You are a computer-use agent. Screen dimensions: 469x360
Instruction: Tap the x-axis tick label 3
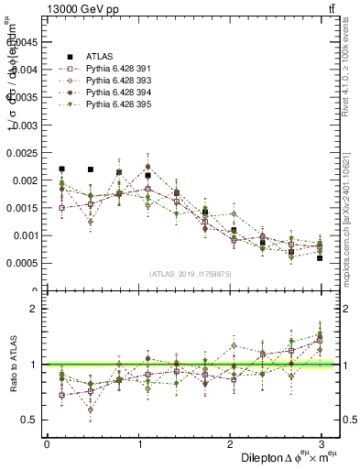tap(322, 443)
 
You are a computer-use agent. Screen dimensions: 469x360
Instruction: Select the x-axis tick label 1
tap(138, 443)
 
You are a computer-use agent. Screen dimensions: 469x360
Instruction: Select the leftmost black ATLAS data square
tap(61, 169)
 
